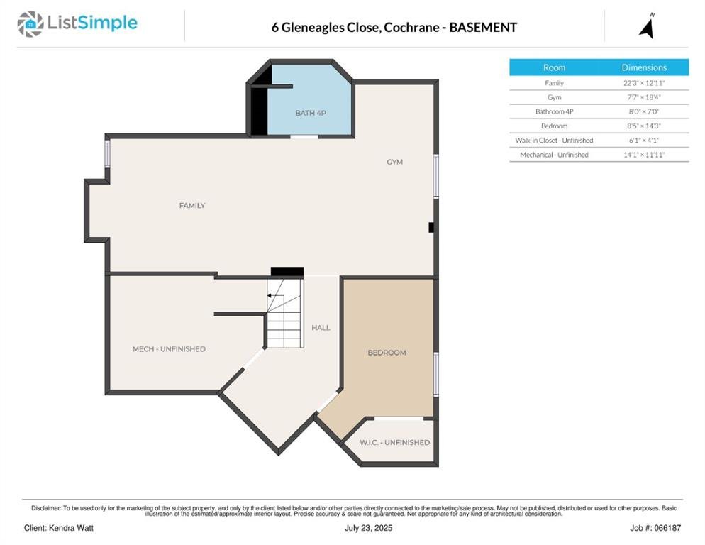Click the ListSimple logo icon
point(30,24)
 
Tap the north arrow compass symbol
point(647,26)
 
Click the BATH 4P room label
point(311,113)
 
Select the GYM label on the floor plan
point(395,162)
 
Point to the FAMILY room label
point(192,206)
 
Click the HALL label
point(321,328)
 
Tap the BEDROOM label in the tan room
point(387,353)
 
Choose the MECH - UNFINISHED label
point(169,349)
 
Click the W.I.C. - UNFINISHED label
point(395,443)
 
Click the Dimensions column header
point(644,67)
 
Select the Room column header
point(554,67)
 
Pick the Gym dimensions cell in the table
point(644,97)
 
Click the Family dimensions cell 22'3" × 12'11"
point(644,83)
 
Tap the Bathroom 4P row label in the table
point(555,111)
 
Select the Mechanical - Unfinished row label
point(555,155)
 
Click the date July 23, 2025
point(368,528)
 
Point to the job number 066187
point(667,528)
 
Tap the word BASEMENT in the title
point(483,28)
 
